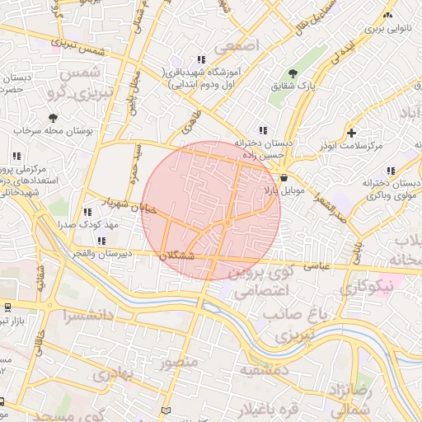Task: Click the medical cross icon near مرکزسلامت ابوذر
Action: tap(352, 132)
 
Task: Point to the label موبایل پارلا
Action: tap(284, 190)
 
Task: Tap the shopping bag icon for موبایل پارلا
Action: tap(284, 176)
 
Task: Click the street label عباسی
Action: tap(318, 266)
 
